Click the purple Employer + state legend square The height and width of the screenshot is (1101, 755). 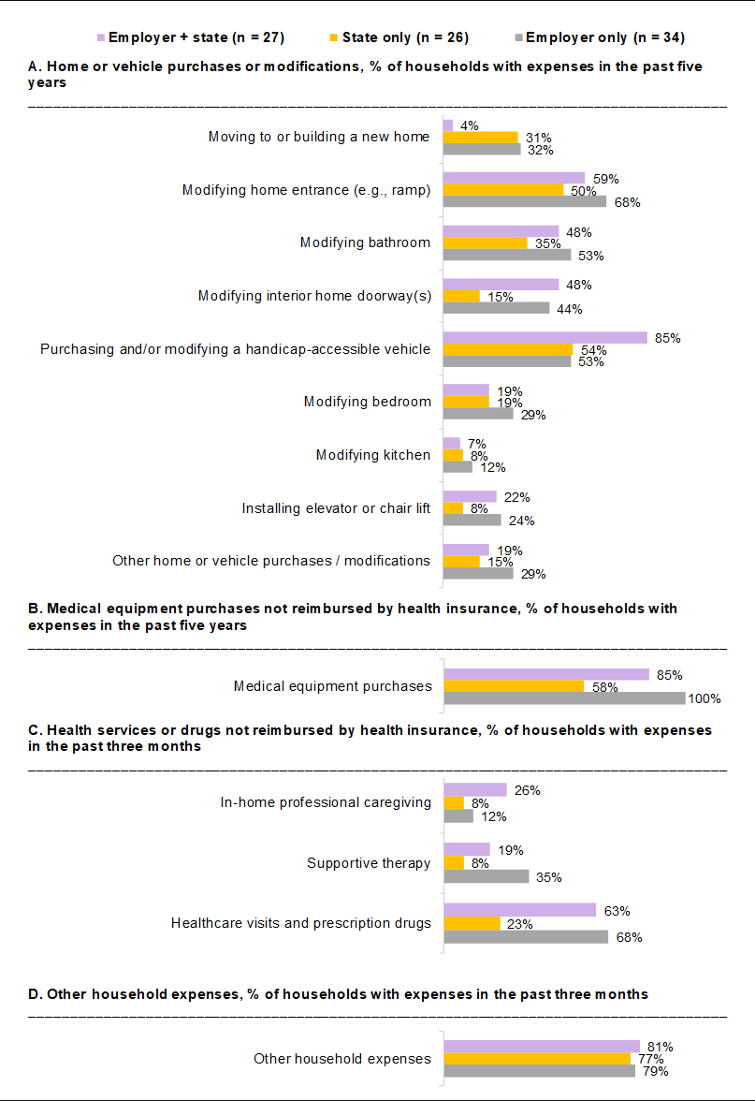101,37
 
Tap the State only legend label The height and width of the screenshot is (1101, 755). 406,37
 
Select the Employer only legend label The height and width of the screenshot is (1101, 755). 605,37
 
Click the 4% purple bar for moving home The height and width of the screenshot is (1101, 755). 447,125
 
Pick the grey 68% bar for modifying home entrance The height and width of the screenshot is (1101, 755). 525,201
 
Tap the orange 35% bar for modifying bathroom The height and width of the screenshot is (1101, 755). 486,243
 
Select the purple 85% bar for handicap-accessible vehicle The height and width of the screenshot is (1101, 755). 545,338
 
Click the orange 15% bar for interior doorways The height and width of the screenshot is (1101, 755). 462,296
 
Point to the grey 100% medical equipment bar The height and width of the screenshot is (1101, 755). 565,698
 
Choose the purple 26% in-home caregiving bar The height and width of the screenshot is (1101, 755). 475,790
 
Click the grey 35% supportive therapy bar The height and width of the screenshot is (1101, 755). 486,876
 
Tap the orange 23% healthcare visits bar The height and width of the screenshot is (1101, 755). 472,923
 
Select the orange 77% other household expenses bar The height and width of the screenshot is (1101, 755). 537,1059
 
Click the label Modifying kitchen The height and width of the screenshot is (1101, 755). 373,455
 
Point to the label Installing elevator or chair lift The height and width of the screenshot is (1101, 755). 336,508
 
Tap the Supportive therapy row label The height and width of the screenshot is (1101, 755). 369,863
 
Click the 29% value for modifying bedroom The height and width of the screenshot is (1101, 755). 533,415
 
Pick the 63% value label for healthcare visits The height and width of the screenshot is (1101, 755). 617,911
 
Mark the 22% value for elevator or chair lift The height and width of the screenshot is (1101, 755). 517,497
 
